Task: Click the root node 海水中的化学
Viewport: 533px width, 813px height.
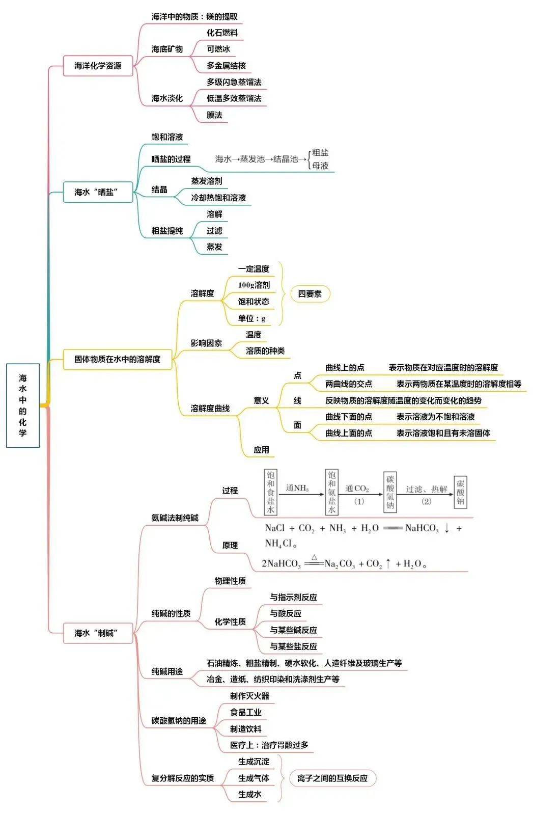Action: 23,405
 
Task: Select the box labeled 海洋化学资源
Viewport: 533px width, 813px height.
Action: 98,66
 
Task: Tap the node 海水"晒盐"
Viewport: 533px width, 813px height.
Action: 98,192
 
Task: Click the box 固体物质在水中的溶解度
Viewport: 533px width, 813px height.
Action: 117,359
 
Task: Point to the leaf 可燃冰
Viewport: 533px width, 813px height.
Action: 218,49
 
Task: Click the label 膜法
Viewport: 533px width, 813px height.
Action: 214,115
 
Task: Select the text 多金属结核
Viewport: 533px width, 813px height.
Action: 226,66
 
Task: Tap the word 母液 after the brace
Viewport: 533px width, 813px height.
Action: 320,166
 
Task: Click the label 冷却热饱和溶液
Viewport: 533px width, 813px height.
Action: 218,198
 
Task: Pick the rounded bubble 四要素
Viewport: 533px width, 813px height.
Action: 310,294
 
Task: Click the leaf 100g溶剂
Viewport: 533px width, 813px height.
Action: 254,285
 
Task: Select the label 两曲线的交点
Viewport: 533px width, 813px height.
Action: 349,384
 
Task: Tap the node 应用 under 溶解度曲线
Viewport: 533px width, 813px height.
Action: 261,450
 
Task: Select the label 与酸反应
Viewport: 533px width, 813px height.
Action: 286,613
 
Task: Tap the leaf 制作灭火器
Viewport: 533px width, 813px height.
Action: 249,696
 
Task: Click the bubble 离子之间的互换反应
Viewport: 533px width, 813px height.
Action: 332,778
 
